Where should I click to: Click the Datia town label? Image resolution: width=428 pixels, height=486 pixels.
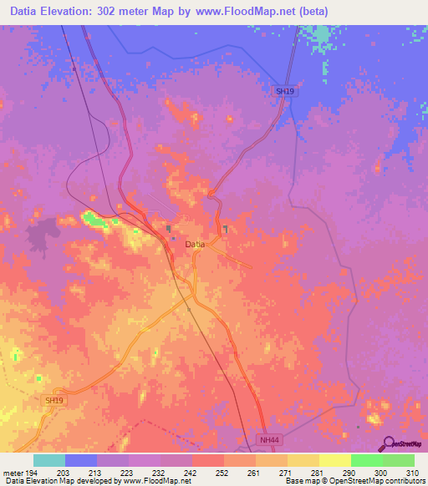click(x=194, y=244)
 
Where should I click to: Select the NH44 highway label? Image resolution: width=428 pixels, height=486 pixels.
click(x=267, y=438)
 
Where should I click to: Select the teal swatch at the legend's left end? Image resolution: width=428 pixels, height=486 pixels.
click(x=49, y=460)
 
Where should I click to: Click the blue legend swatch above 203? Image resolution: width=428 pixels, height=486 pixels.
click(x=81, y=460)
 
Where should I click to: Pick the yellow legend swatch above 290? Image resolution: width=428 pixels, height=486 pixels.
click(x=335, y=460)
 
